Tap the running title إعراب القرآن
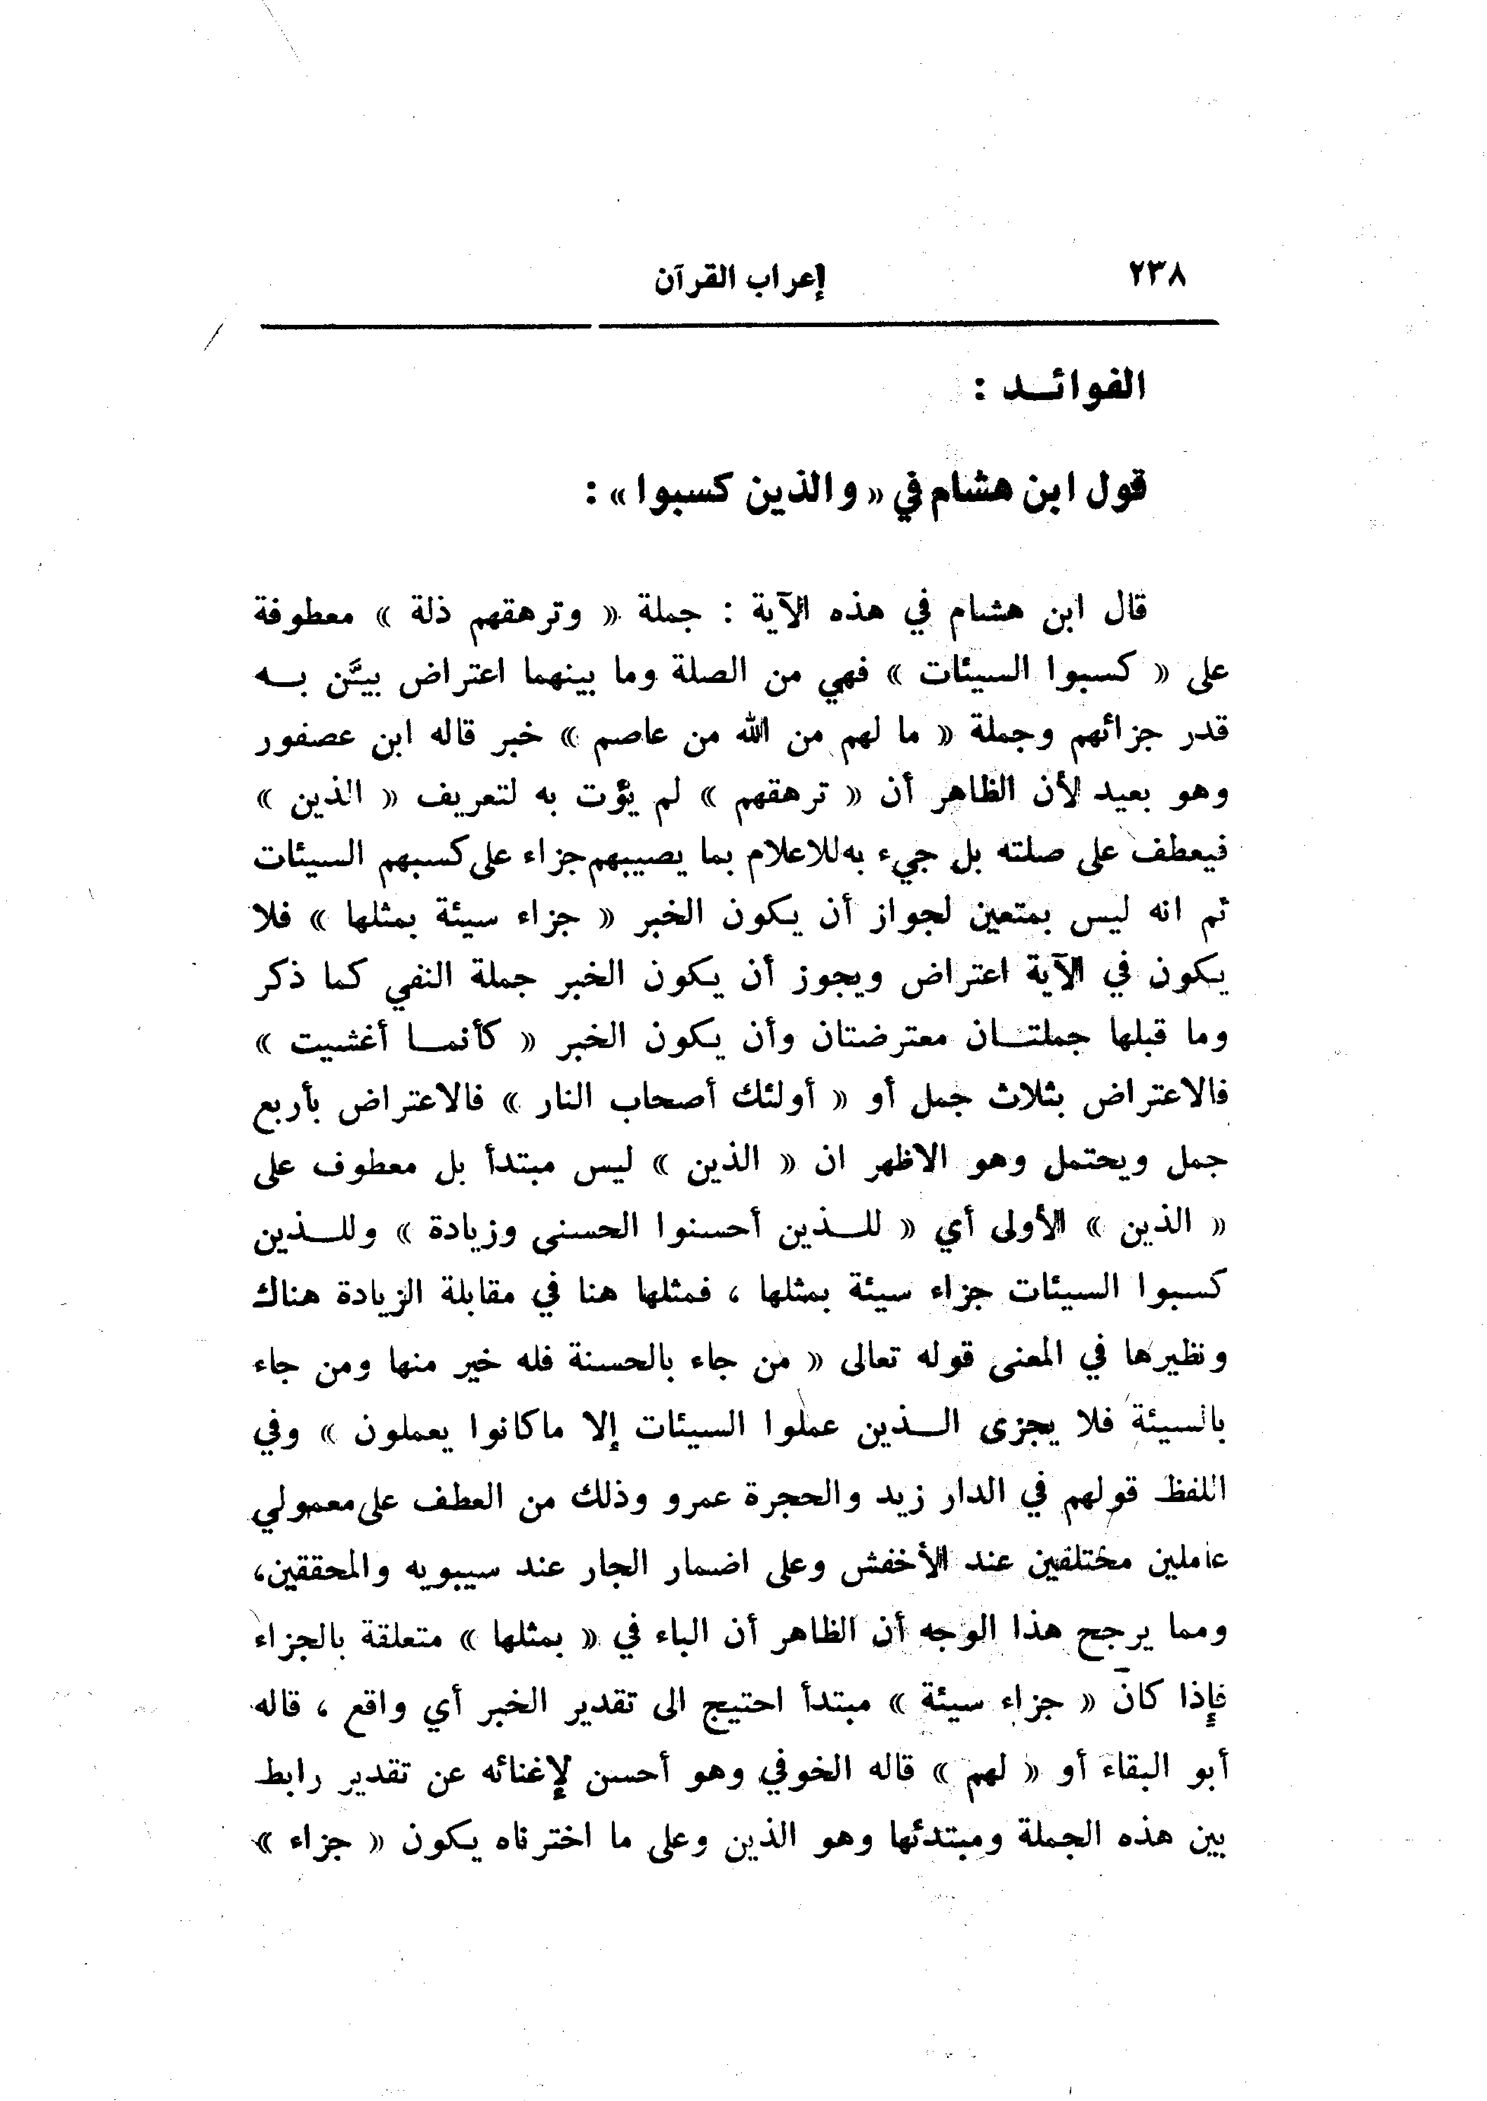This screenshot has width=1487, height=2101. pyautogui.click(x=738, y=279)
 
